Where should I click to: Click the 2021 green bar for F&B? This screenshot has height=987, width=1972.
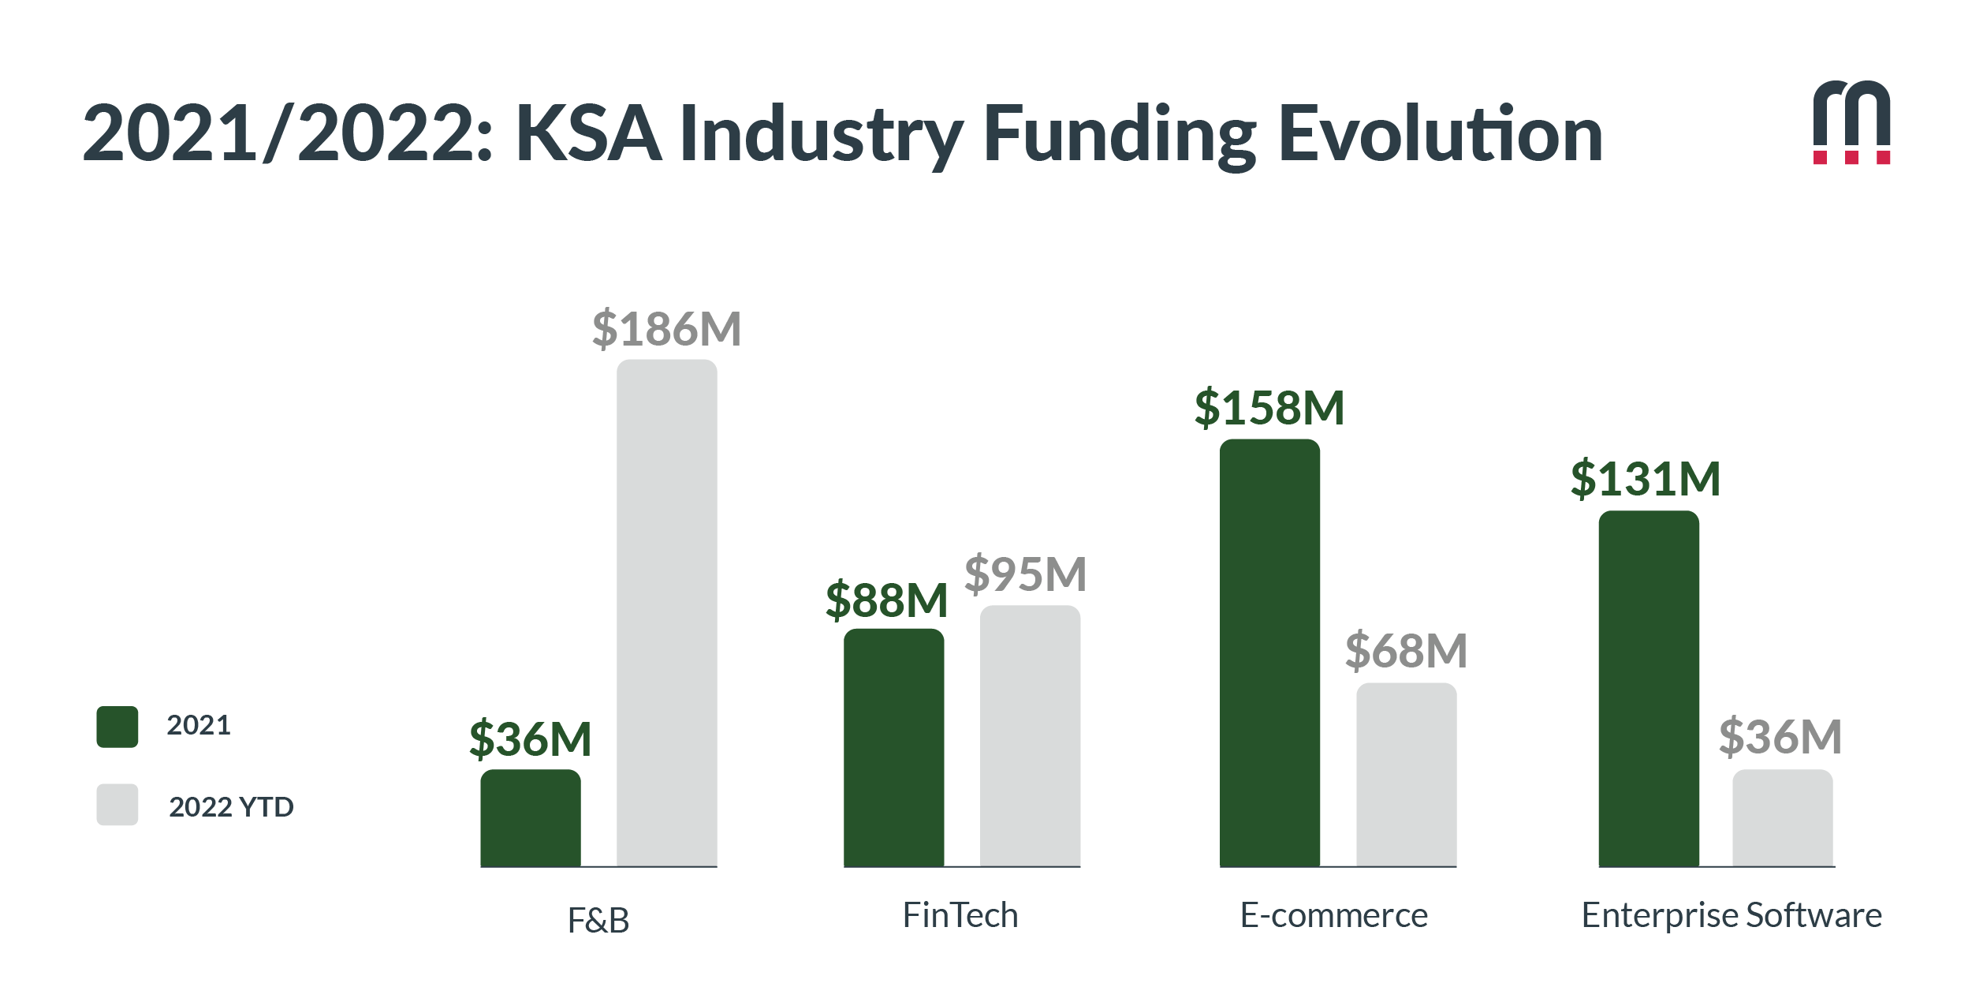pos(531,818)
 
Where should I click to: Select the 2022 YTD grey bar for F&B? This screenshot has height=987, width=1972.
pos(667,613)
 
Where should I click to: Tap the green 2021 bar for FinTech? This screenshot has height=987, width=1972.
pos(893,747)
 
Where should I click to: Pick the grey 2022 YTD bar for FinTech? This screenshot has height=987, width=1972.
pos(1030,736)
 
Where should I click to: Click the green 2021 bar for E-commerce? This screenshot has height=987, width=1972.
pos(1269,652)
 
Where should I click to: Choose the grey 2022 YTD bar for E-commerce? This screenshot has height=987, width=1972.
pos(1407,775)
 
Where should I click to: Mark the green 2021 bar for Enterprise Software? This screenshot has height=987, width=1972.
pos(1649,688)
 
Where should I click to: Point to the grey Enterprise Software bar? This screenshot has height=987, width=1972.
pos(1783,818)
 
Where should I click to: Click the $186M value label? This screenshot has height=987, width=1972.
pos(667,329)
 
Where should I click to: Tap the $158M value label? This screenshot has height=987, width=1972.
pos(1269,408)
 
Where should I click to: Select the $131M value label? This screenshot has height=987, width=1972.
pos(1646,479)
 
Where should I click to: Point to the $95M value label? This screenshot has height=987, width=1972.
pos(1026,574)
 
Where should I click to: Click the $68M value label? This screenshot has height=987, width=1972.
pos(1407,651)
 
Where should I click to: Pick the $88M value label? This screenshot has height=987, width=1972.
pos(887,600)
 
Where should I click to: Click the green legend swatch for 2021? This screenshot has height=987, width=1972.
pos(117,727)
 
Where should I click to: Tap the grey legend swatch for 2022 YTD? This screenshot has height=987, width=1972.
pos(117,805)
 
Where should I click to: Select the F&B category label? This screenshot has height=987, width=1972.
pos(598,920)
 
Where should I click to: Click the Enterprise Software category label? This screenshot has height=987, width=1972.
pos(1732,915)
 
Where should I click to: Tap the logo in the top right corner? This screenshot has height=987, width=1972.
pos(1851,122)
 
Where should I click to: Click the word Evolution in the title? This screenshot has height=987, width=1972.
pos(1441,134)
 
